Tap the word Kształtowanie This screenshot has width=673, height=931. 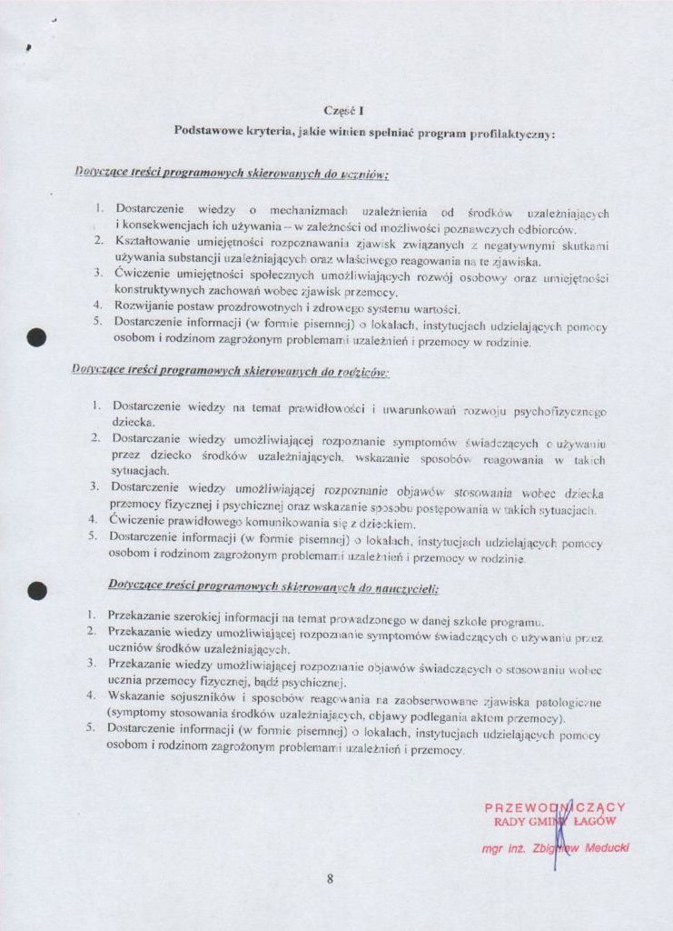click(x=152, y=244)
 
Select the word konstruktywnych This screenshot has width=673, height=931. click(x=160, y=292)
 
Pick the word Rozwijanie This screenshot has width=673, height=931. click(x=144, y=308)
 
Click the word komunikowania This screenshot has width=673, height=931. click(x=269, y=524)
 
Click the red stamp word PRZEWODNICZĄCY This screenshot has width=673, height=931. click(x=555, y=807)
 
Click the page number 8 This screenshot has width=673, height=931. click(x=331, y=878)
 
